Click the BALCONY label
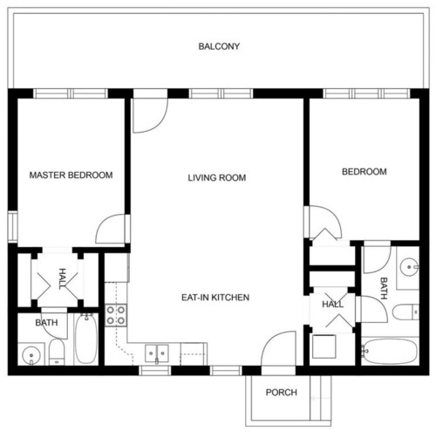[x=219, y=46]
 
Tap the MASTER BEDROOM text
[x=71, y=175]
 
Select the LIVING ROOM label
[x=217, y=177]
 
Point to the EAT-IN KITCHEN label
[x=215, y=298]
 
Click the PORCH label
[x=282, y=393]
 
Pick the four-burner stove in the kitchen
[x=116, y=315]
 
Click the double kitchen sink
[x=157, y=353]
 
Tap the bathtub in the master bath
[x=86, y=339]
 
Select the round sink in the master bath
[x=31, y=354]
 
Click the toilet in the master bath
[x=57, y=352]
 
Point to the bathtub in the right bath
[x=391, y=351]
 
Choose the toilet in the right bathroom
[x=405, y=312]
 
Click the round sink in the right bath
[x=409, y=267]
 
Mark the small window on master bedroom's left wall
[x=12, y=227]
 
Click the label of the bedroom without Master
[x=364, y=172]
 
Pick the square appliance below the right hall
[x=324, y=346]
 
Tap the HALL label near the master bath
[x=63, y=278]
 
